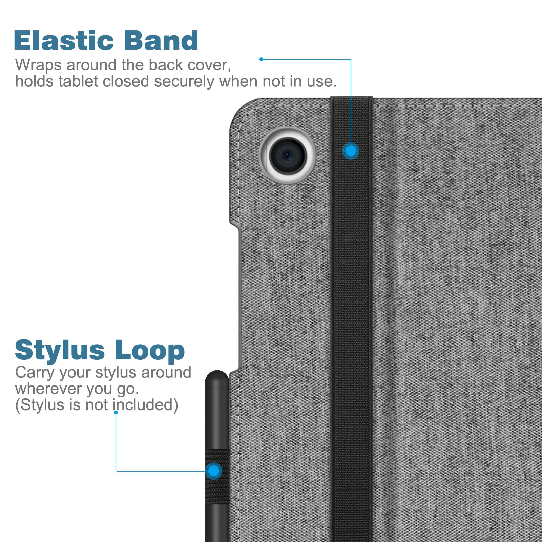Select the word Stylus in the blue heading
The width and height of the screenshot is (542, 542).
click(60, 350)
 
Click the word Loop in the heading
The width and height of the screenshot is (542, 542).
click(150, 351)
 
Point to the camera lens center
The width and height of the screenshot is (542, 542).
click(288, 155)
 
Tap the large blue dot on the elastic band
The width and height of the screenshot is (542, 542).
click(351, 151)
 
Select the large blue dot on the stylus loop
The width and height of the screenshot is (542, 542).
click(214, 471)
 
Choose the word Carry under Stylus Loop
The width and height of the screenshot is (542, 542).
click(35, 373)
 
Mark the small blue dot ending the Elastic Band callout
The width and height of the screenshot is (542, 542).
click(261, 59)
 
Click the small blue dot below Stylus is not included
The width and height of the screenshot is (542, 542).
click(116, 413)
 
